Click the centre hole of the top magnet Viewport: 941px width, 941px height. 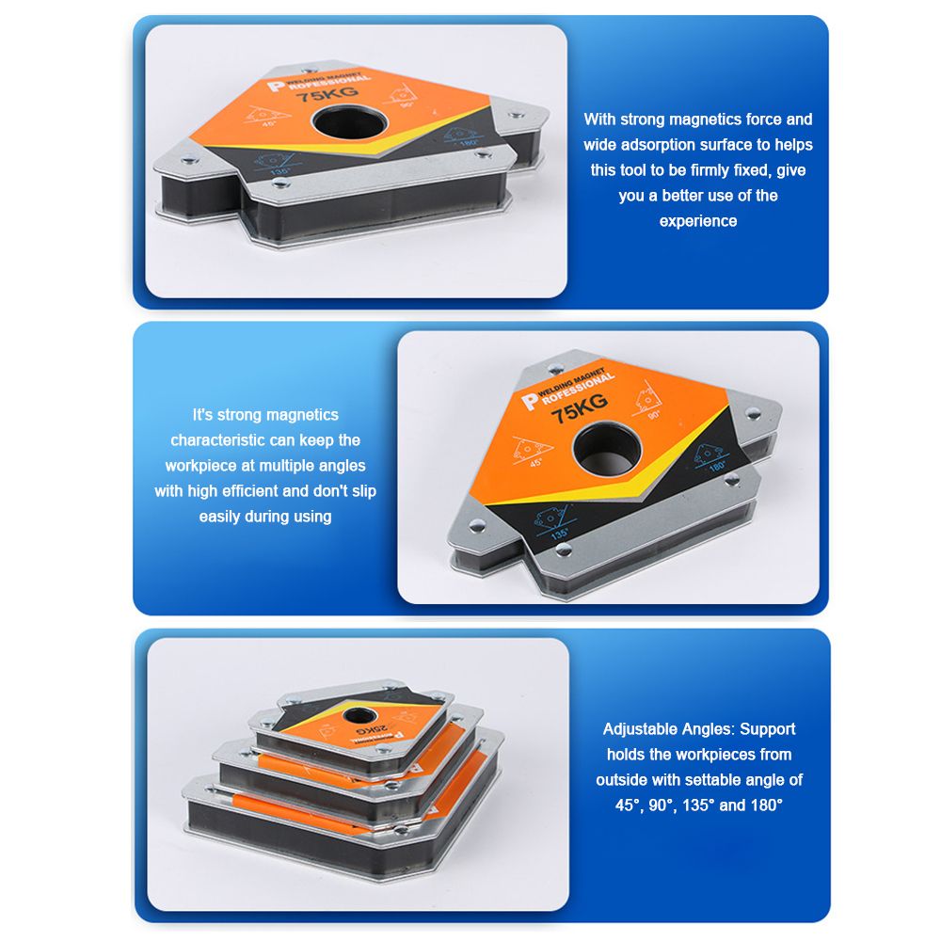coord(349,122)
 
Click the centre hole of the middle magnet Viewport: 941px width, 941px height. coord(607,448)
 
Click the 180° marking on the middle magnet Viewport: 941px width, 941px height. coord(717,466)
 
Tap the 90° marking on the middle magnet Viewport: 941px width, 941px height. coord(654,415)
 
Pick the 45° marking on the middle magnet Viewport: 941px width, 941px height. coord(536,463)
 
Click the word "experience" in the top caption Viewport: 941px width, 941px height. coord(698,221)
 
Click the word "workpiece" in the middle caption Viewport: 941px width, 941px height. coord(201,466)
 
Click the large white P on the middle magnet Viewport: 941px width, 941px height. coord(529,402)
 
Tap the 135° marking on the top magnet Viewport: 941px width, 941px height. coord(279,172)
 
